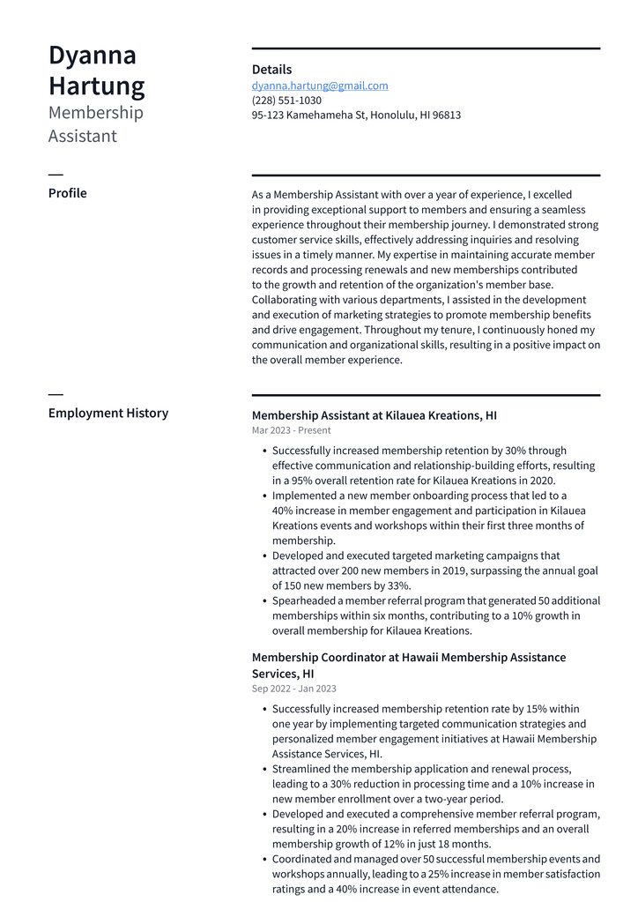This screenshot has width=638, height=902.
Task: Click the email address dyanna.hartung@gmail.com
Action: pyautogui.click(x=320, y=86)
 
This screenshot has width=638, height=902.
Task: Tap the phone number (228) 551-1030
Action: pyautogui.click(x=286, y=101)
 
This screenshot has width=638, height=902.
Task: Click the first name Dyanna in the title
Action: pyautogui.click(x=93, y=56)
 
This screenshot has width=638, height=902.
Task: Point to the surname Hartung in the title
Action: pyautogui.click(x=97, y=87)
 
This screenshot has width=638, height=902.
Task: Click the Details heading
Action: pyautogui.click(x=271, y=70)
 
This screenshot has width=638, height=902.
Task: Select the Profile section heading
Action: pyautogui.click(x=67, y=193)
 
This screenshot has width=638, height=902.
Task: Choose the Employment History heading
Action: pyautogui.click(x=108, y=413)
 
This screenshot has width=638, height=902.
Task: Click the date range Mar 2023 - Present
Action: pyautogui.click(x=291, y=430)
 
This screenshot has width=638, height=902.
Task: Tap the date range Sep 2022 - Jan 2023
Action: pyautogui.click(x=293, y=689)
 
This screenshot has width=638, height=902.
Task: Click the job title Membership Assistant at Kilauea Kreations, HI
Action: pyautogui.click(x=374, y=415)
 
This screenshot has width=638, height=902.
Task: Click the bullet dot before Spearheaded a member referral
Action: pyautogui.click(x=265, y=600)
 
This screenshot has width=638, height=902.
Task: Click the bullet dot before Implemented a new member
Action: pyautogui.click(x=265, y=496)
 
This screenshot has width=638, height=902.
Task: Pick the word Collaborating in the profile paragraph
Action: pyautogui.click(x=286, y=300)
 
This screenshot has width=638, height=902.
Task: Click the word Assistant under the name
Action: pyautogui.click(x=83, y=136)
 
